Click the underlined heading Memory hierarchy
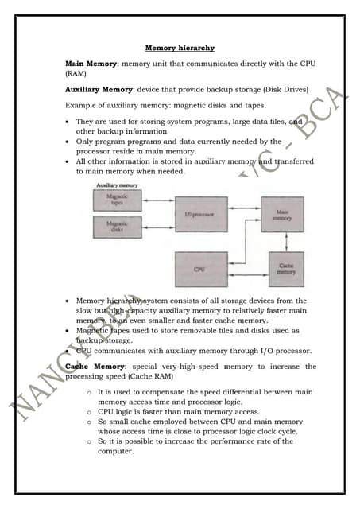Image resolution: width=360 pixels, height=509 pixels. coord(180,49)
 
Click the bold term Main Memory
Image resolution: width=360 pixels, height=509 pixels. coord(90,62)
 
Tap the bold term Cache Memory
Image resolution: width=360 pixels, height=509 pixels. coord(91,367)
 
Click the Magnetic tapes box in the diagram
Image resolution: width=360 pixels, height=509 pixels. coord(117,200)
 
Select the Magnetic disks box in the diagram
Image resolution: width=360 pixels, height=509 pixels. coord(117,227)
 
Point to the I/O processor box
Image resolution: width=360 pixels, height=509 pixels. coord(200,215)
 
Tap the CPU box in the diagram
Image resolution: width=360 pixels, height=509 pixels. coord(200,270)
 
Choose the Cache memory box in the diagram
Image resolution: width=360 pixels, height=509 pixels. coord(286,270)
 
